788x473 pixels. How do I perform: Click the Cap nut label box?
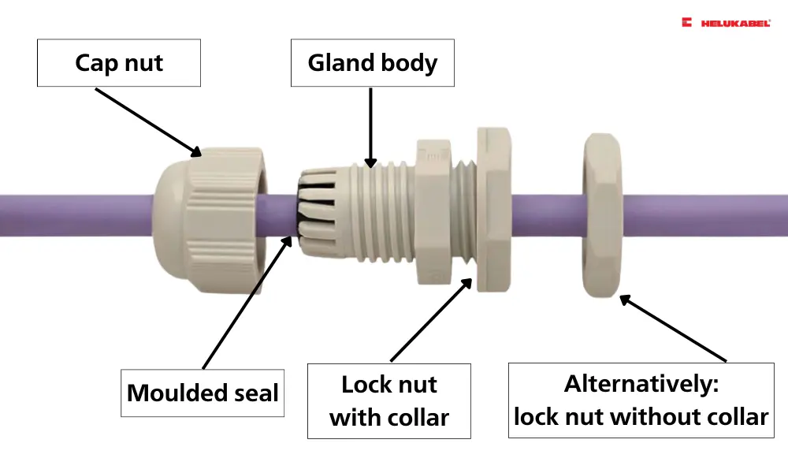click(x=119, y=63)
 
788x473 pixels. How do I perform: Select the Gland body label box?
click(x=373, y=63)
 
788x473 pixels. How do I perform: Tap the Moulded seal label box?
click(x=203, y=393)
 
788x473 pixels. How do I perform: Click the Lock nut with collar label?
click(x=389, y=400)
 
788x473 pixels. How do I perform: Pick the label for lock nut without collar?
click(x=641, y=400)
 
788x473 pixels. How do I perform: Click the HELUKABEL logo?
click(x=726, y=24)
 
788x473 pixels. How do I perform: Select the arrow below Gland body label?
click(x=370, y=126)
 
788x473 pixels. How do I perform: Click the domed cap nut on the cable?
click(x=207, y=219)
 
